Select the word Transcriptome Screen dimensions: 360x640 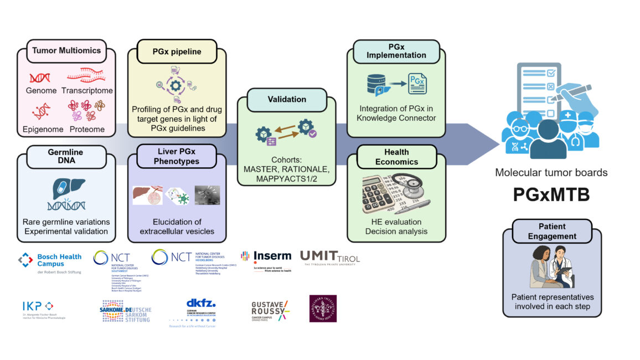(x=87, y=90)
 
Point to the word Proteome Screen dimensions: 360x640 (x=87, y=129)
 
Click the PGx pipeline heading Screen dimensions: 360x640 (x=177, y=52)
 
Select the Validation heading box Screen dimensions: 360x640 (x=286, y=100)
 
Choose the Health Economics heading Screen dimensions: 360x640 (x=396, y=157)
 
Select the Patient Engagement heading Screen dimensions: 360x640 (x=551, y=231)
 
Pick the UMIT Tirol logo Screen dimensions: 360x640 (x=329, y=258)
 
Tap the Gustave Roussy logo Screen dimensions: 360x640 (x=270, y=311)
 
